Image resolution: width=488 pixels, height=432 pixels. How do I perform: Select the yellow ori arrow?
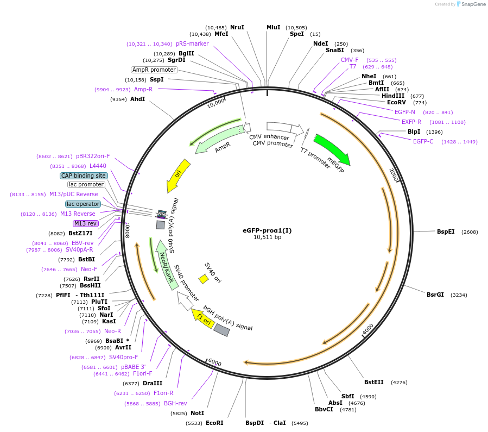pos(178,175)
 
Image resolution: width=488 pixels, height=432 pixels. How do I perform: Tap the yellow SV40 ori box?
pos(204,279)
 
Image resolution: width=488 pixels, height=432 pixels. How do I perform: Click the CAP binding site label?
pos(84,176)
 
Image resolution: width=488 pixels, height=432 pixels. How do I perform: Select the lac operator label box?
pos(84,204)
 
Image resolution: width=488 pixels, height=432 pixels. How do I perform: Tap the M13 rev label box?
pos(85,223)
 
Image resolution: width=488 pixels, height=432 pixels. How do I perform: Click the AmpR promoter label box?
pos(154,70)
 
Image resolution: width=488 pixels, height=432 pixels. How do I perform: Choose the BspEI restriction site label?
pos(446,231)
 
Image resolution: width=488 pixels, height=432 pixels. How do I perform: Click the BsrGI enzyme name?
pos(435,295)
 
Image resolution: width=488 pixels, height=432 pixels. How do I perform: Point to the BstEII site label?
pos(373,382)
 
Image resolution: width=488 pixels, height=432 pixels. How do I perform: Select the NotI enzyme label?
pos(197,413)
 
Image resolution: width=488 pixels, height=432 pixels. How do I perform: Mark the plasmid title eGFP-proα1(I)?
pos(267,230)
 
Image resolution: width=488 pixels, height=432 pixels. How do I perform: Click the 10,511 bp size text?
pos(267,237)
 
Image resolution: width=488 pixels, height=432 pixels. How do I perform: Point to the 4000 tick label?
pos(368,329)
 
